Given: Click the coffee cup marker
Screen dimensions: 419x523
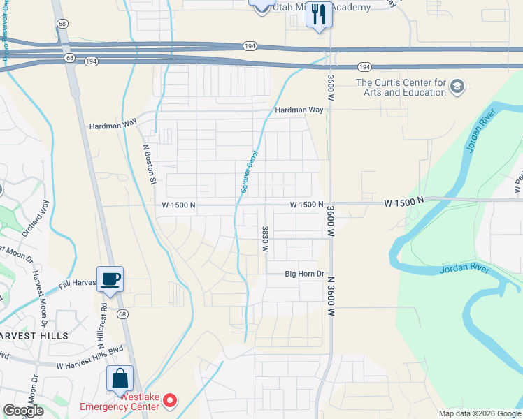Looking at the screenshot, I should (110, 279).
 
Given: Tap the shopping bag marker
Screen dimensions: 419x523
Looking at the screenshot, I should (120, 378).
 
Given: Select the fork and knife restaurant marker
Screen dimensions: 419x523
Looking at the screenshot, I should (319, 14).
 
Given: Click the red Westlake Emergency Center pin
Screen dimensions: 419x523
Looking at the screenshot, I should (169, 400).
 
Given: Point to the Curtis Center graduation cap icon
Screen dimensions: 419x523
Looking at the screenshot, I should (458, 87).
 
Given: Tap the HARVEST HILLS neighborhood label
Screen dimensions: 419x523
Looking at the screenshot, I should (34, 336).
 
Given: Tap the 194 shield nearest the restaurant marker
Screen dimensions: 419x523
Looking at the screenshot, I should (250, 45).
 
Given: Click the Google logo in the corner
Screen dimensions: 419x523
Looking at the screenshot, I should (23, 411).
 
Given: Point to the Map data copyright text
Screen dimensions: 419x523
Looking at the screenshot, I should (479, 413).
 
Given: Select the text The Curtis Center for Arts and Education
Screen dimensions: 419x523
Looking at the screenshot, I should (401, 87).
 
